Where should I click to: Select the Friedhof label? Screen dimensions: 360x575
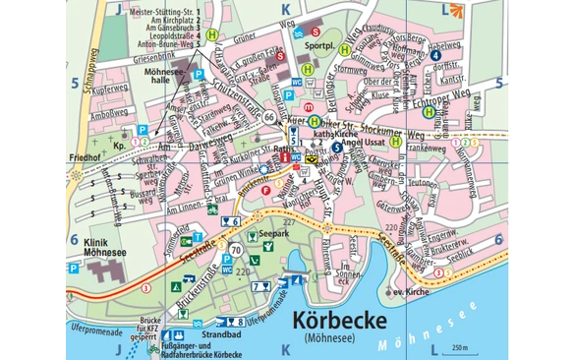(x=86, y=156)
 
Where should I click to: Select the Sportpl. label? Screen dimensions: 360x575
(x=316, y=46)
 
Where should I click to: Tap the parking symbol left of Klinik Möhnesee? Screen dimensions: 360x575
(x=73, y=267)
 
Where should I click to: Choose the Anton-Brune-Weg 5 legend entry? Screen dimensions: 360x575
(x=158, y=44)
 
